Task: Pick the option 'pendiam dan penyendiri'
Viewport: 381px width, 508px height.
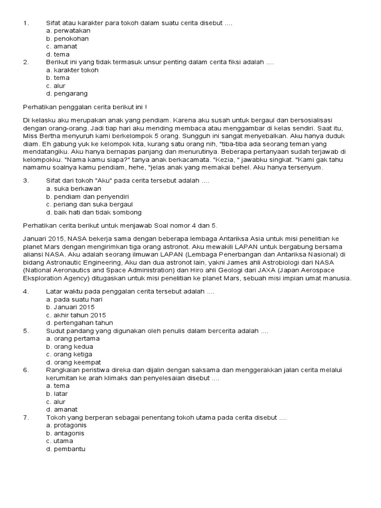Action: [77, 196]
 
